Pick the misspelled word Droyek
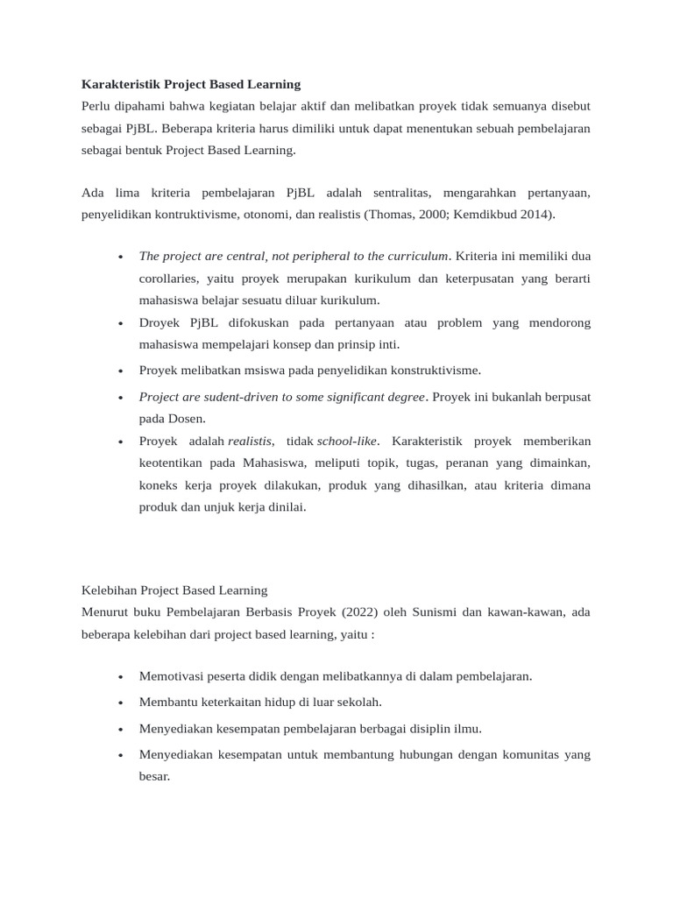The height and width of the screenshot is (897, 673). tap(159, 322)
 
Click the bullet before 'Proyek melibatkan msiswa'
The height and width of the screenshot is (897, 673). tap(119, 371)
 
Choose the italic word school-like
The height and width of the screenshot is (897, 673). tap(347, 440)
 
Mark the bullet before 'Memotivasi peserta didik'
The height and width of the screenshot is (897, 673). tap(119, 677)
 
